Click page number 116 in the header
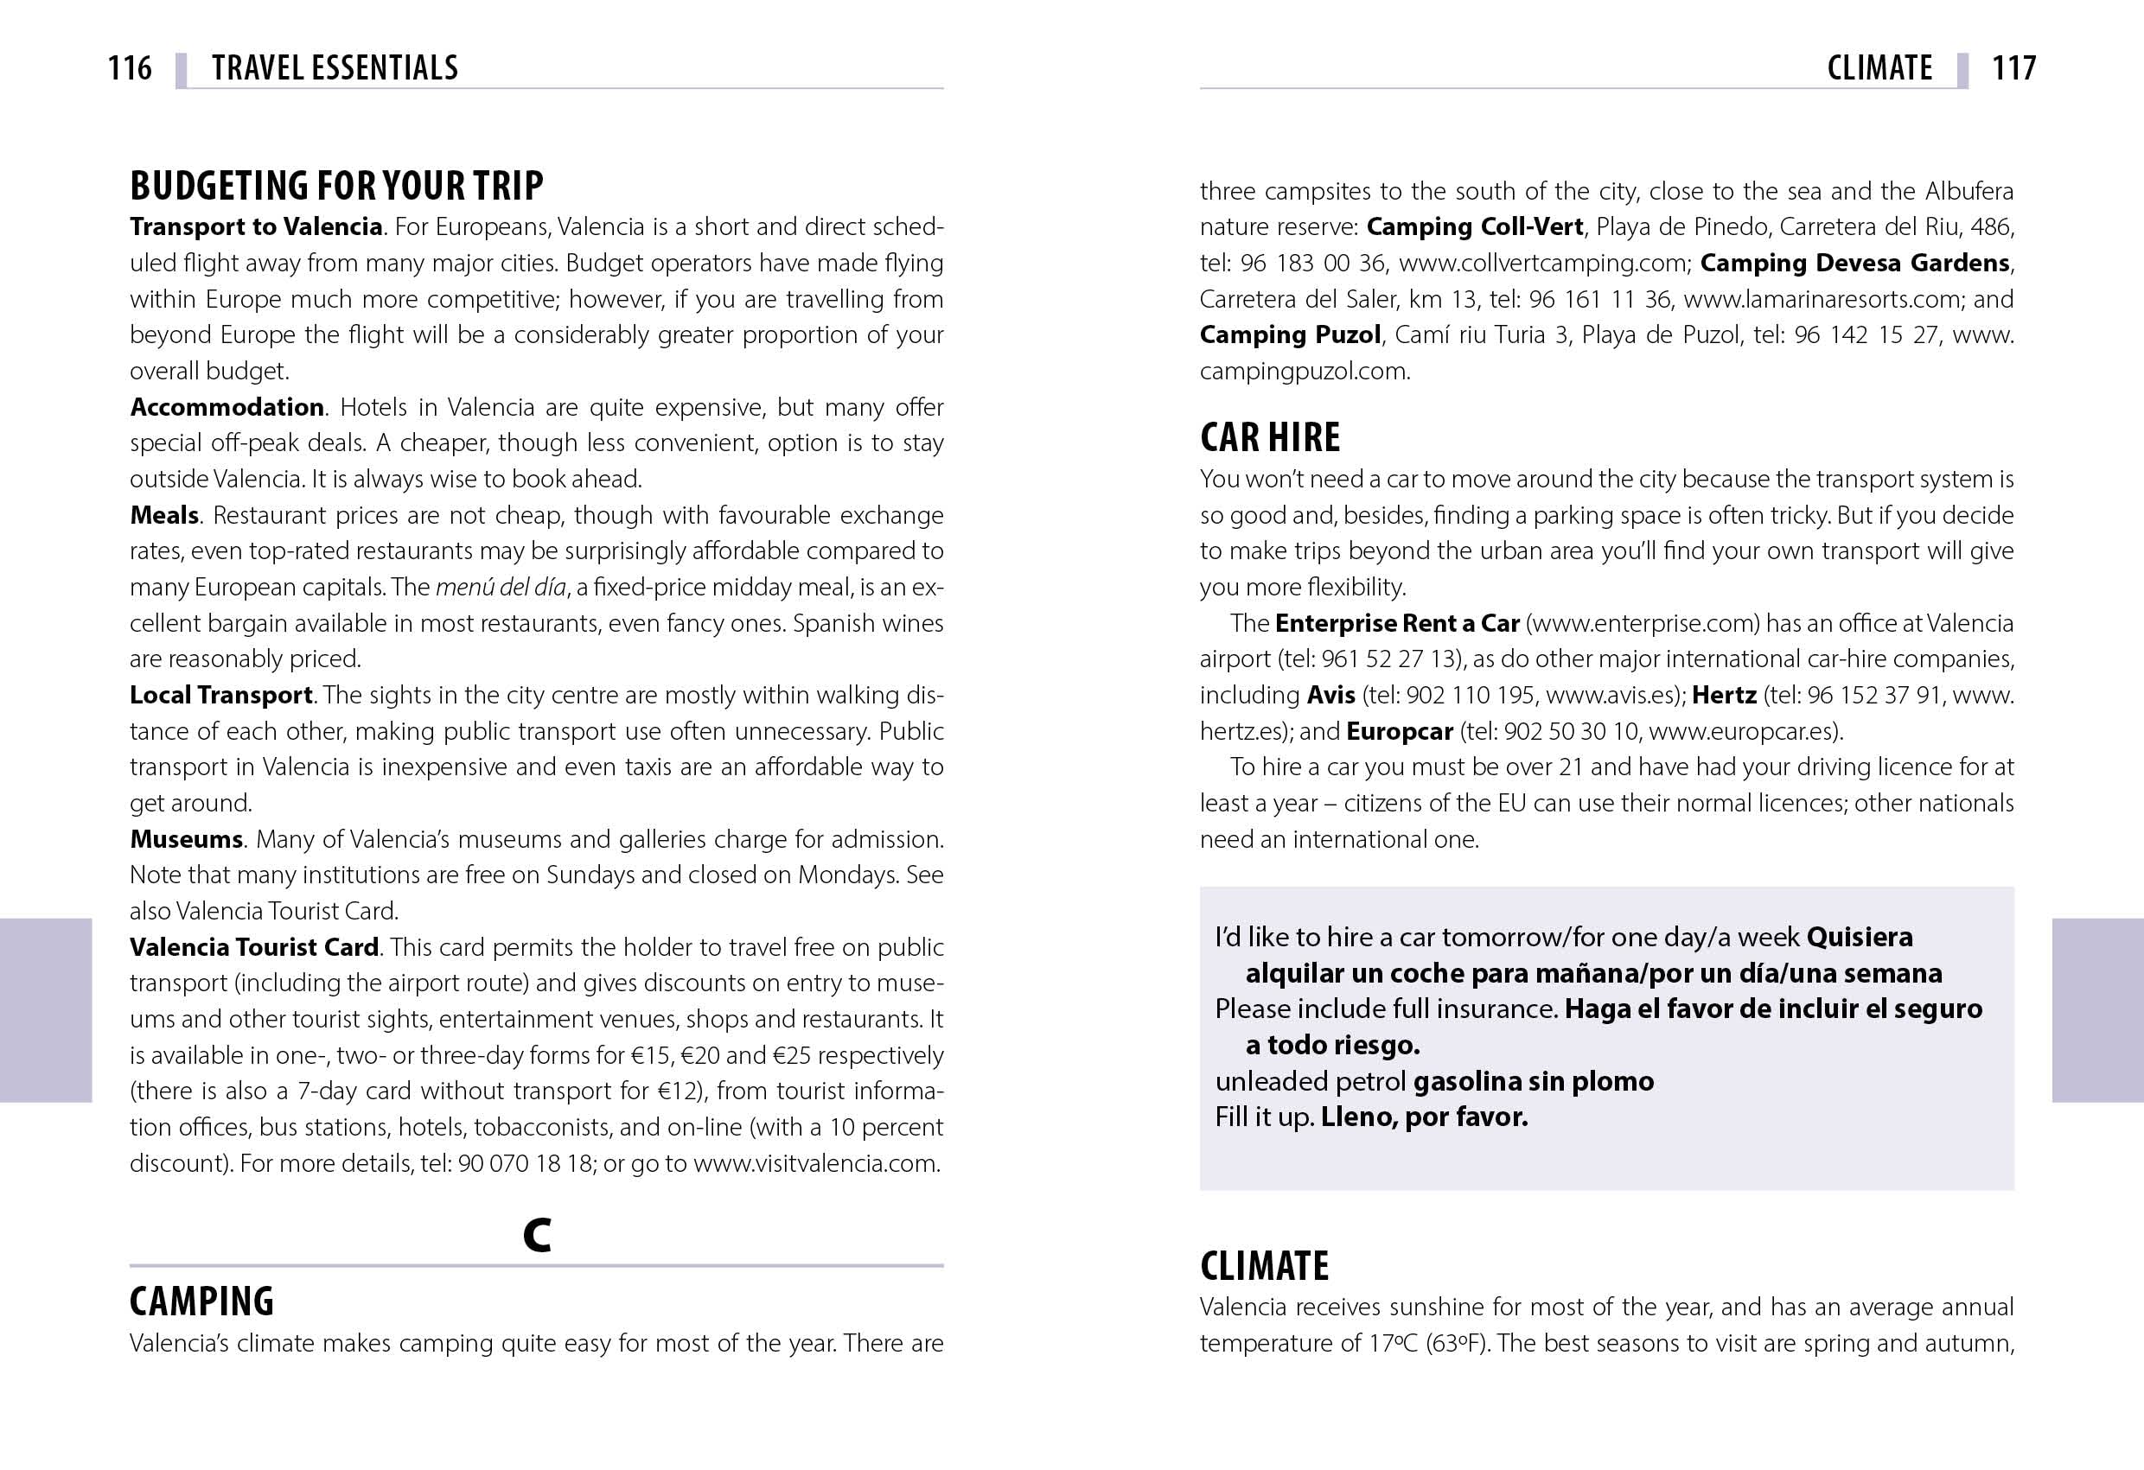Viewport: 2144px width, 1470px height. pos(130,67)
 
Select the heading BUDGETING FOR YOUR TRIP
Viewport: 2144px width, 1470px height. pos(337,185)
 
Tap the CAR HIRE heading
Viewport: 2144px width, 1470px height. pos(1269,437)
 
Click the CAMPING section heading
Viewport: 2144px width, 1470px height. pos(202,1301)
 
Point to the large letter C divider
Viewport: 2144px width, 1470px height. pos(536,1234)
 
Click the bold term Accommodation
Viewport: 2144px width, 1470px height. pos(227,407)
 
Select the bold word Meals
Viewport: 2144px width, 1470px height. pos(164,514)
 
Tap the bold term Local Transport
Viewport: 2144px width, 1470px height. pos(221,695)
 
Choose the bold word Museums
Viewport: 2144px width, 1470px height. pos(187,839)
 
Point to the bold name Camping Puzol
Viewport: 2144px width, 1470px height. pos(1290,334)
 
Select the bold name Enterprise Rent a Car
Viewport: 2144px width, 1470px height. pos(1397,623)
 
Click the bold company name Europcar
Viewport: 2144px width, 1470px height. pos(1400,731)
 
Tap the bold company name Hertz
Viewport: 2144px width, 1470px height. pos(1723,696)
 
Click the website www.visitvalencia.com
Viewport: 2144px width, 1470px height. pos(815,1164)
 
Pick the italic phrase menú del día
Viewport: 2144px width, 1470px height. pos(500,588)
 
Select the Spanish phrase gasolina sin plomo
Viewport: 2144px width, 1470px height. pos(1534,1081)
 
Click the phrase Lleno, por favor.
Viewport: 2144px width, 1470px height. pos(1424,1117)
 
